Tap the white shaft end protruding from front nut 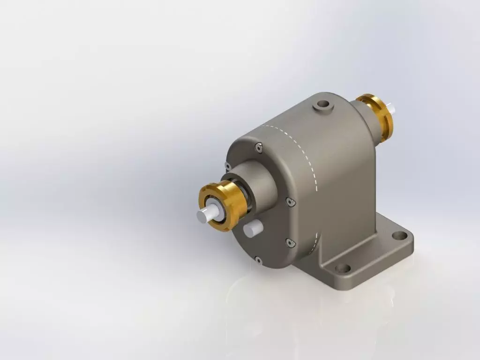[205, 216]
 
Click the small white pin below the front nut [252, 229]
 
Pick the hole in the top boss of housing [322, 104]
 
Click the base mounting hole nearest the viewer [343, 269]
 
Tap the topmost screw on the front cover [259, 149]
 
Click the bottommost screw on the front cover [257, 259]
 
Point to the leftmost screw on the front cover [227, 166]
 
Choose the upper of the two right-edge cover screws [290, 202]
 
